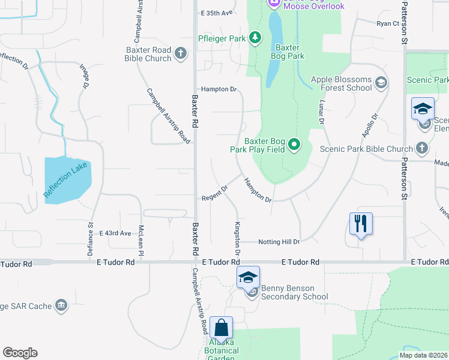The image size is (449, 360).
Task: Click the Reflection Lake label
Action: click(x=66, y=181)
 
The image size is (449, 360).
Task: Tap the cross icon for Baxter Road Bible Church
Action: click(x=181, y=55)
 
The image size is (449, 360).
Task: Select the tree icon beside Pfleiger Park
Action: click(x=256, y=38)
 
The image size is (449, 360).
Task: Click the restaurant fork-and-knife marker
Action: click(x=361, y=224)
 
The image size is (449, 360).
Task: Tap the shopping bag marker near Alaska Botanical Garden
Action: click(x=221, y=328)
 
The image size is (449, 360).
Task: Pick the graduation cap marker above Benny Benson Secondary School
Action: click(x=247, y=277)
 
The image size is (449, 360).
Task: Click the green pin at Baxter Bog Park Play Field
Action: click(x=294, y=144)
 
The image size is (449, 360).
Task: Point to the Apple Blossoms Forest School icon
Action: click(x=380, y=83)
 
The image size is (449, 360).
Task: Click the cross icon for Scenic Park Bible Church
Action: click(x=422, y=148)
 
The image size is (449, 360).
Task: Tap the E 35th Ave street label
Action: click(x=217, y=13)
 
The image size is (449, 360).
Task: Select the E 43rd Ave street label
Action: click(x=115, y=233)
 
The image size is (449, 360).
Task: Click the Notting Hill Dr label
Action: click(x=279, y=242)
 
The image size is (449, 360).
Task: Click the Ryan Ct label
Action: click(x=388, y=23)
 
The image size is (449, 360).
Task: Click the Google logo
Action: click(x=20, y=353)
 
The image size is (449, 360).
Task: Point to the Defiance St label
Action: click(x=91, y=241)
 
